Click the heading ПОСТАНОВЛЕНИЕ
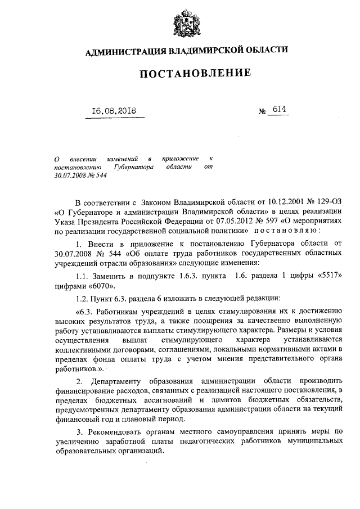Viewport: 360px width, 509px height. (187, 73)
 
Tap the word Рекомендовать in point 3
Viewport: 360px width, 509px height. (118, 431)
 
